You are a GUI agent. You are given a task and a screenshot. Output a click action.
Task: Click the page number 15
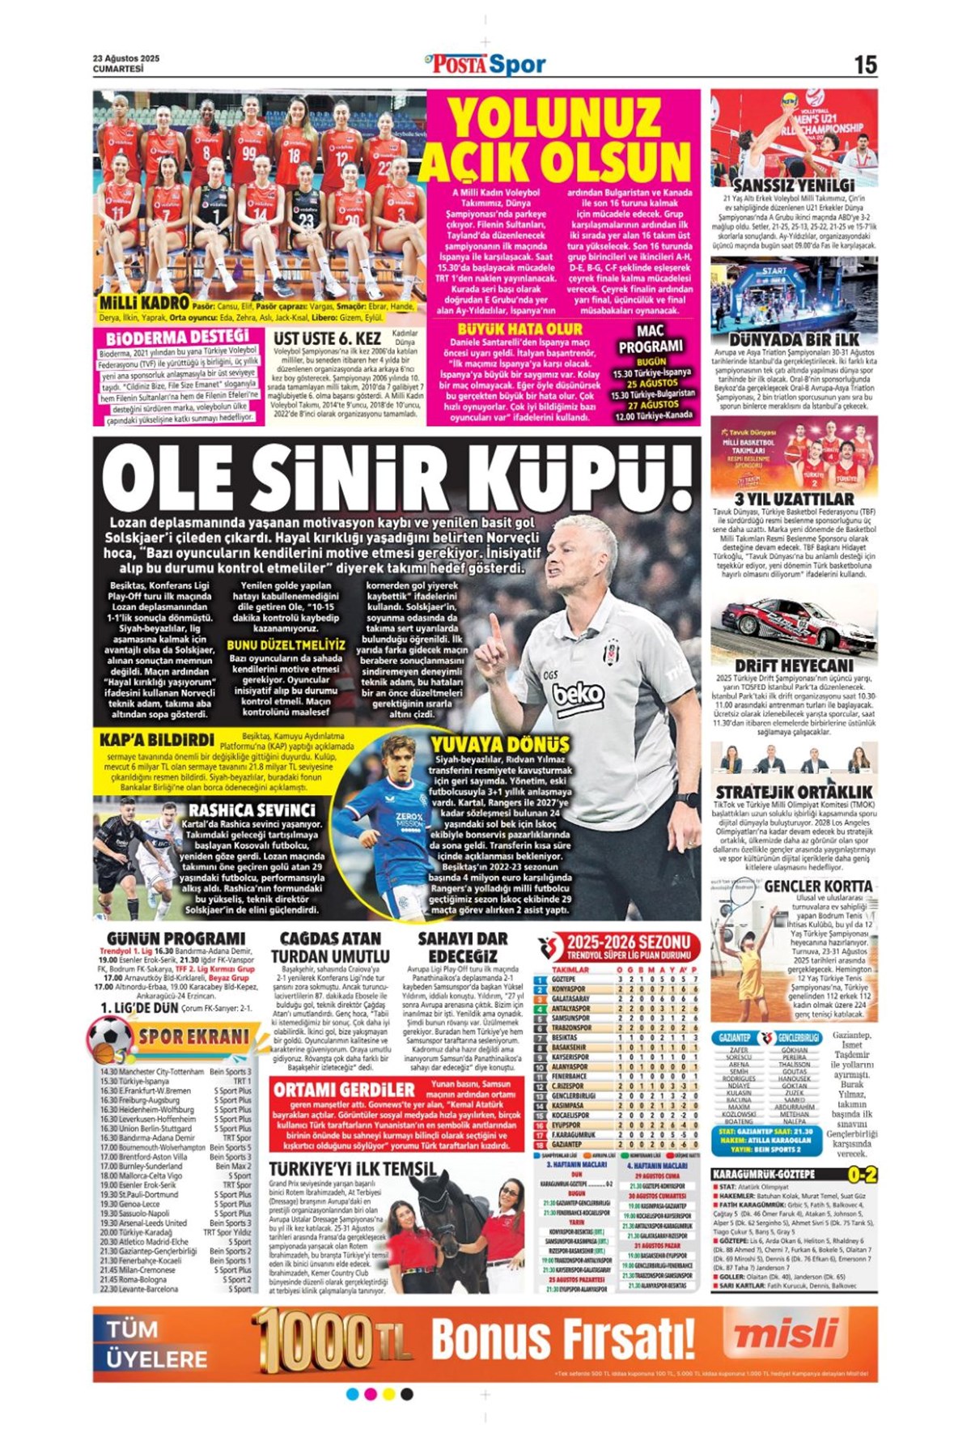coord(864,65)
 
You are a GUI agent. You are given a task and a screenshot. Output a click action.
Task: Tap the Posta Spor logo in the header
coord(485,64)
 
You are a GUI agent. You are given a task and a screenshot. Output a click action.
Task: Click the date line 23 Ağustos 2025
coord(126,58)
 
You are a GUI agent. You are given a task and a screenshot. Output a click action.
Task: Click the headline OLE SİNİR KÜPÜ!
coord(396,479)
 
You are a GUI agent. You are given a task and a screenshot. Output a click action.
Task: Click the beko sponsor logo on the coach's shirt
coord(578,694)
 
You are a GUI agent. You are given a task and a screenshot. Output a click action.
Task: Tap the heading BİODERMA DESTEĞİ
coord(177,336)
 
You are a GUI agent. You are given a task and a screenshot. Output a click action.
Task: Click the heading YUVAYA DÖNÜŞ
coord(499,744)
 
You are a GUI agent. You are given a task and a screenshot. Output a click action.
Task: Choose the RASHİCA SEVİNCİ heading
coord(252,810)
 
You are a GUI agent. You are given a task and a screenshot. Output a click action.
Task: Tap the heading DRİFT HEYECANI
coord(793,665)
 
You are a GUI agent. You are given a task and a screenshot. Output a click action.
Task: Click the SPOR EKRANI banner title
coord(193,1036)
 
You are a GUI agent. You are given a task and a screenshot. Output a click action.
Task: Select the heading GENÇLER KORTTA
coord(817,887)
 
